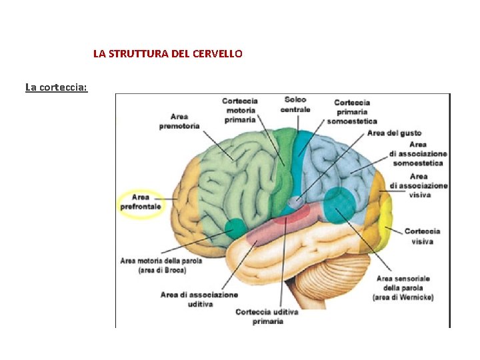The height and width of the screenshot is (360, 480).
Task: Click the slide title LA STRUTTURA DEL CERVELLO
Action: [167, 53]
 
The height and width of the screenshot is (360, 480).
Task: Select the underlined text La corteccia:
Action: [56, 87]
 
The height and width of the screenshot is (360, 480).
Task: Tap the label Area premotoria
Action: [179, 121]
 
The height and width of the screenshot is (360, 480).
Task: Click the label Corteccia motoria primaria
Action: [239, 110]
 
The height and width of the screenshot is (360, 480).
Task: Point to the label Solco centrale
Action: [295, 105]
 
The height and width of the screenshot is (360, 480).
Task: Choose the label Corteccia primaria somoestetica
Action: [352, 111]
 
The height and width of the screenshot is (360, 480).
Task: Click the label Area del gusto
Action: [394, 133]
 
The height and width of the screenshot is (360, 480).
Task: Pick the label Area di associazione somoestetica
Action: [418, 153]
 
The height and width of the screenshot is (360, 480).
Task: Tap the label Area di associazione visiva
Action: [419, 185]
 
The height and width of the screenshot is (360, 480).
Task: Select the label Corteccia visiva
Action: [422, 236]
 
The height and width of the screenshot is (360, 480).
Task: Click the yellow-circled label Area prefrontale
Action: [141, 202]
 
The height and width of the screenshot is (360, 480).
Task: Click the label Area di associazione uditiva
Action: [199, 299]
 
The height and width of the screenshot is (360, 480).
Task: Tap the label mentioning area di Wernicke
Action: [403, 287]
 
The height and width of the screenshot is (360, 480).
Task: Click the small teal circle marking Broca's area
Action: [235, 228]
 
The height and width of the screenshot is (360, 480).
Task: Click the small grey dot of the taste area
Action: [293, 201]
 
